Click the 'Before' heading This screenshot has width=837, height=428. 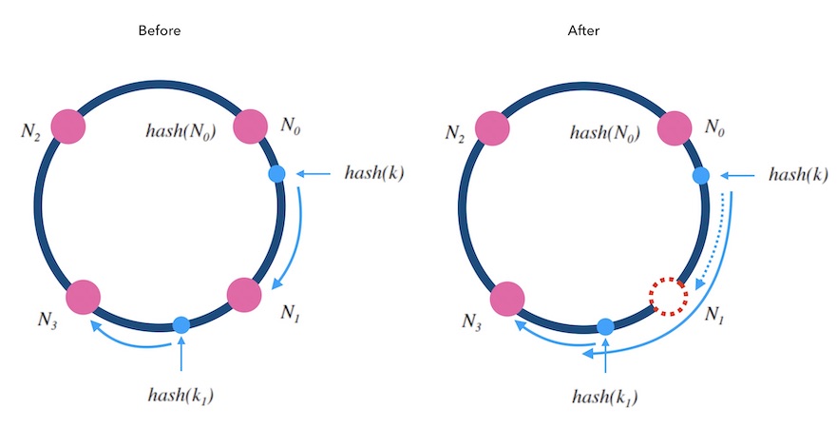point(159,30)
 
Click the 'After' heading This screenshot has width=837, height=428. point(583,30)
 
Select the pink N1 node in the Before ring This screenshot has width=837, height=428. point(244,294)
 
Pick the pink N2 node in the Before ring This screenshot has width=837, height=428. point(68,126)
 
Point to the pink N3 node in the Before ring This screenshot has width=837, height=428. point(84,297)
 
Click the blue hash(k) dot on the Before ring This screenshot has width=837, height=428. point(276,174)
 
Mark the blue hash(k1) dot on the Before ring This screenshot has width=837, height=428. point(181,325)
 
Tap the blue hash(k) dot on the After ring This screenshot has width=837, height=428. point(700,175)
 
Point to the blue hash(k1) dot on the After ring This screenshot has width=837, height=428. point(604,325)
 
